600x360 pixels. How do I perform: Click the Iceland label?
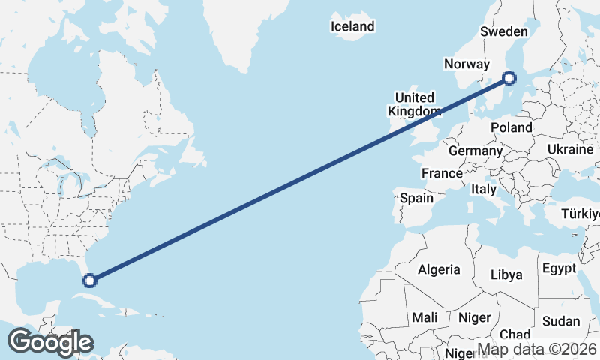point(352,27)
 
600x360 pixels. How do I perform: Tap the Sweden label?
point(504,32)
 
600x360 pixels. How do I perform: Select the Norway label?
point(466,64)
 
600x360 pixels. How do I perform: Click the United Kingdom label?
point(414,104)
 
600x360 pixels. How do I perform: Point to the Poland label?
point(511,127)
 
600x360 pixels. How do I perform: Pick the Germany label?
point(475,151)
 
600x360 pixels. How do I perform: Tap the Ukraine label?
point(570,150)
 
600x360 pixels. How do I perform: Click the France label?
point(442,173)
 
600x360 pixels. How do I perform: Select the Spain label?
point(417,198)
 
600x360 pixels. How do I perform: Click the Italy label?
point(484,190)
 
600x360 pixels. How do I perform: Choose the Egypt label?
point(559,268)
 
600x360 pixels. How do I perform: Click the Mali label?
point(424,317)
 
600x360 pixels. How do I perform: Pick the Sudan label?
point(560,321)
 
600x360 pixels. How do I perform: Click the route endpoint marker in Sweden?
point(509,77)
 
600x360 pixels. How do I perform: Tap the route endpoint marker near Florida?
point(90,280)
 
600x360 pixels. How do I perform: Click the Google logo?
point(50,341)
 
